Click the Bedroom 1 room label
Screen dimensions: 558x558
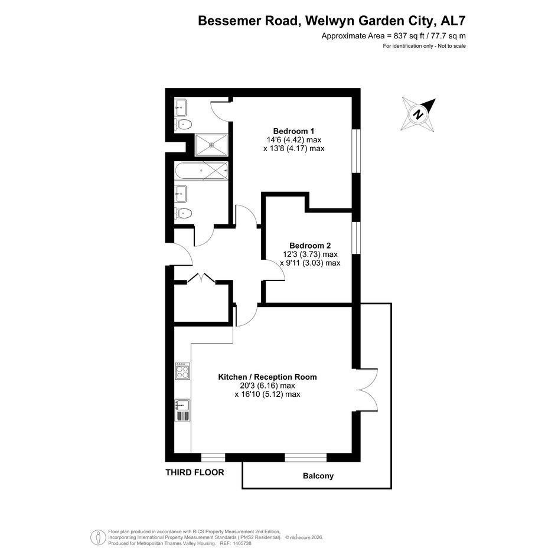(x=293, y=131)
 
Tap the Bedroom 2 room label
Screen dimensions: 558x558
(x=310, y=246)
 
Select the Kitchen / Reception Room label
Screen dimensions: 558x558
(x=267, y=377)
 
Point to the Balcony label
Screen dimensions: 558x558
(x=318, y=476)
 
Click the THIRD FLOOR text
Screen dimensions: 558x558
(x=195, y=472)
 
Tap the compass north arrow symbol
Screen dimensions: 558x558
(x=419, y=115)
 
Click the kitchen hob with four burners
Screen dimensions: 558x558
(x=182, y=371)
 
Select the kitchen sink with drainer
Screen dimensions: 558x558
(x=182, y=410)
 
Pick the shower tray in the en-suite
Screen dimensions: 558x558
(x=211, y=145)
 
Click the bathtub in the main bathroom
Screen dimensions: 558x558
(x=201, y=171)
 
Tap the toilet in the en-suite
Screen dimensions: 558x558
(x=183, y=124)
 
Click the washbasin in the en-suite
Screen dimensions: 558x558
(x=181, y=107)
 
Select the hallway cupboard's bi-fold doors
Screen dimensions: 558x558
(x=201, y=278)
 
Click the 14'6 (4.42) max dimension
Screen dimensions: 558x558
(x=294, y=140)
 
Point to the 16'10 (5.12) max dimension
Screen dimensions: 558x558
(x=267, y=394)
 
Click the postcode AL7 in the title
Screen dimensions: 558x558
(x=453, y=21)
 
